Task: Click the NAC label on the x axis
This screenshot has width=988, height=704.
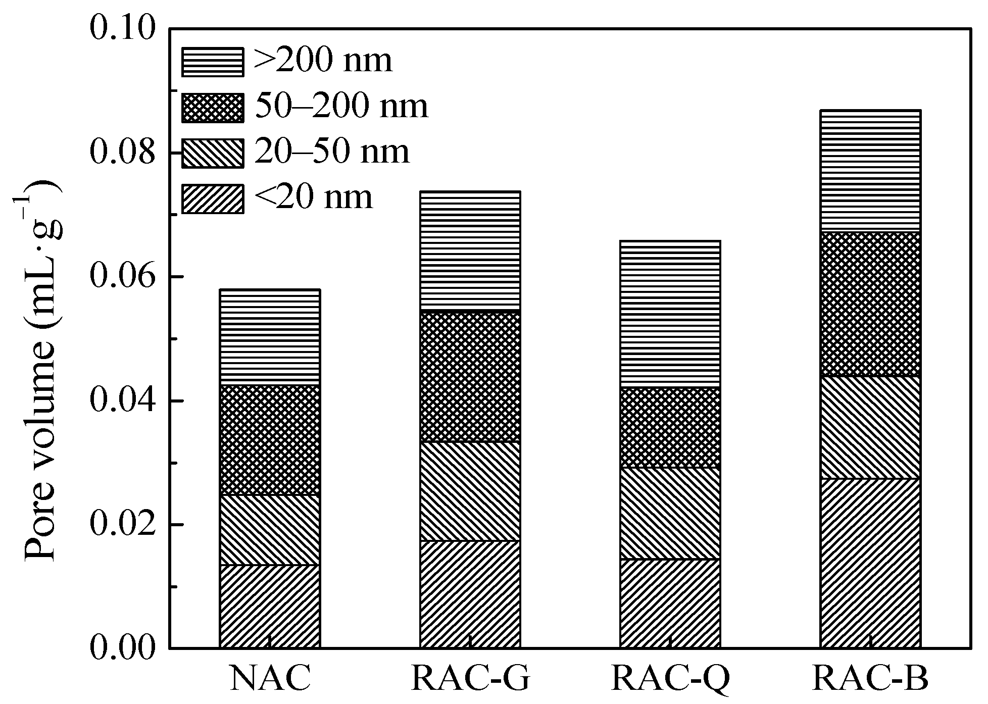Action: tap(270, 679)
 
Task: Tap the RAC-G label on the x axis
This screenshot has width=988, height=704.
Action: tap(471, 679)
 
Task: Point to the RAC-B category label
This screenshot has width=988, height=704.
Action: tap(871, 679)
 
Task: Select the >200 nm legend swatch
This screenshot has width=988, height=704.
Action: tap(213, 62)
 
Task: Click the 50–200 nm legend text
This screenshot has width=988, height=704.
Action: tap(341, 107)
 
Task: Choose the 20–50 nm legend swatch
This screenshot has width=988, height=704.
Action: tap(213, 153)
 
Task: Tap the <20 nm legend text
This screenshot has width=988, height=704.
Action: tap(314, 197)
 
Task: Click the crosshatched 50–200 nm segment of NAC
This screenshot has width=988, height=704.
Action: tap(270, 440)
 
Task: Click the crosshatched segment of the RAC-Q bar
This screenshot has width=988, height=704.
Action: tap(670, 428)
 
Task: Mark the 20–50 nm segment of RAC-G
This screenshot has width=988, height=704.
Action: tap(471, 491)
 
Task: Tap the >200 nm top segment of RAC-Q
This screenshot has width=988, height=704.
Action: tap(670, 314)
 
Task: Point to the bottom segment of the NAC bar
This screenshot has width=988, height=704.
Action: tap(270, 606)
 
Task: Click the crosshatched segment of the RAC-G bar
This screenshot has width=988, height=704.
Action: tap(471, 377)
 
